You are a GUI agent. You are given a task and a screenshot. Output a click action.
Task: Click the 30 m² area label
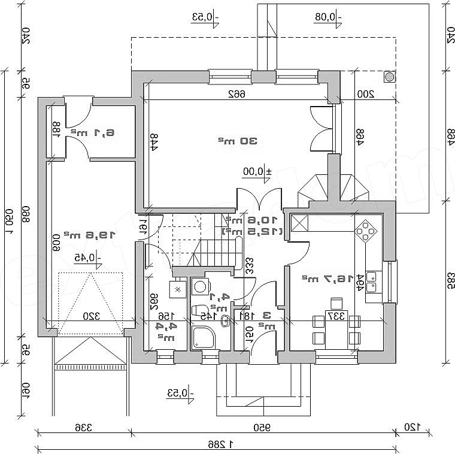pyautogui.click(x=238, y=141)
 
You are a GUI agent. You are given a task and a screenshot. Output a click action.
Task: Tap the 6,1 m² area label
pyautogui.click(x=93, y=132)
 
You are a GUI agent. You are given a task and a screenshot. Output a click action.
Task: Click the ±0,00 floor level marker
pyautogui.click(x=257, y=171)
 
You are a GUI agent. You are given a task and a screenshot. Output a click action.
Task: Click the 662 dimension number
pyautogui.click(x=239, y=93)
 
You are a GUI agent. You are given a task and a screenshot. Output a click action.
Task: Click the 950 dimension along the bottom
pyautogui.click(x=259, y=427)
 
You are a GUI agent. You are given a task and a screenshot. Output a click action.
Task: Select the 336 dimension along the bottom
pyautogui.click(x=83, y=427)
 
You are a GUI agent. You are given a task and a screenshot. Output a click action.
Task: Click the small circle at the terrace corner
pyautogui.click(x=389, y=77)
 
